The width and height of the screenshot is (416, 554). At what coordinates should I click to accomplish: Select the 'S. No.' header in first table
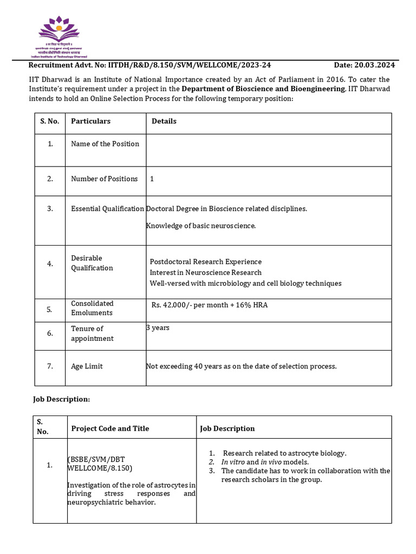[49, 121]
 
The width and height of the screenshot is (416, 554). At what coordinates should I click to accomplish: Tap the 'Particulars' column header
[90, 121]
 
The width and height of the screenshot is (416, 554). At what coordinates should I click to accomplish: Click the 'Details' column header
[164, 121]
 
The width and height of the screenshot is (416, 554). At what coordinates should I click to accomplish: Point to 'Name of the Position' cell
[105, 144]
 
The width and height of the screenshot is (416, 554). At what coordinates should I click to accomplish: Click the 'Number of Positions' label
[104, 179]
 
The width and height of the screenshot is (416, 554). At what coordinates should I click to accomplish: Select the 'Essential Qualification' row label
[107, 209]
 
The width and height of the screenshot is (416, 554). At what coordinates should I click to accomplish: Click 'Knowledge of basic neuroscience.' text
[201, 226]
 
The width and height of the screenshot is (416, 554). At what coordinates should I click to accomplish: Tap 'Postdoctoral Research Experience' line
[205, 262]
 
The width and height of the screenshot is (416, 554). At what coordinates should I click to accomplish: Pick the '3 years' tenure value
[158, 328]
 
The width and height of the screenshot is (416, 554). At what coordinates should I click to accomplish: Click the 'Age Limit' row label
[87, 366]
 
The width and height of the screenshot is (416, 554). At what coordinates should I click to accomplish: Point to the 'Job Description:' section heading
[62, 399]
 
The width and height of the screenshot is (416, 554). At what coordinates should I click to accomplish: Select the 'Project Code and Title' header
[110, 428]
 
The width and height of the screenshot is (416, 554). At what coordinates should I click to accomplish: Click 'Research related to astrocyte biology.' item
[284, 453]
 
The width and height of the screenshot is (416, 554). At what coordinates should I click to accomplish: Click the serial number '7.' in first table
[49, 366]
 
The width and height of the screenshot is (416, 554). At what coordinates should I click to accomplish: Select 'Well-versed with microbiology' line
[245, 283]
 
